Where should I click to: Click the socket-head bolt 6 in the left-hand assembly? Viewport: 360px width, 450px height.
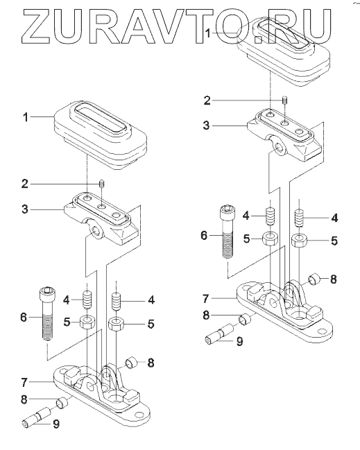pyautogui.click(x=46, y=313)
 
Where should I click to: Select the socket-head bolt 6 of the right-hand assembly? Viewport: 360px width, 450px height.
pyautogui.click(x=228, y=232)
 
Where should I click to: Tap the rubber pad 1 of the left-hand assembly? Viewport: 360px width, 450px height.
pyautogui.click(x=100, y=135)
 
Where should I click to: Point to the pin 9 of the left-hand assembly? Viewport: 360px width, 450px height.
pyautogui.click(x=37, y=417)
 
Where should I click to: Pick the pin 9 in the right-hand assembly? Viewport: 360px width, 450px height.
pyautogui.click(x=220, y=333)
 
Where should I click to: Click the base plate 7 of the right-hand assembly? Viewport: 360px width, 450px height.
pyautogui.click(x=284, y=311)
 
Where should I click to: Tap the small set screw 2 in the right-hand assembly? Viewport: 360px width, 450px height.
pyautogui.click(x=285, y=101)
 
